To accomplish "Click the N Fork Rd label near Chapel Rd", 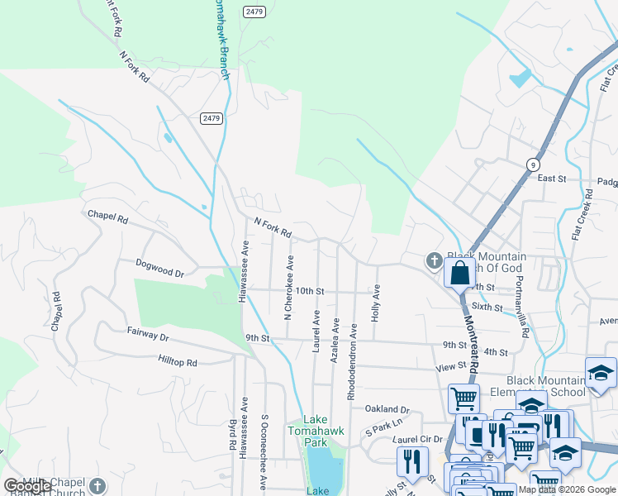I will tap(273, 228).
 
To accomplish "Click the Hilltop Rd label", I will tap(178, 362).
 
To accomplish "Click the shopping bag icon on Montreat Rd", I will tap(459, 272).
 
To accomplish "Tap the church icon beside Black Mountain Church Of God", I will tap(434, 261).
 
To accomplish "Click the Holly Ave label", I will tap(376, 303).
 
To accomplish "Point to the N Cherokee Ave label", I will tap(288, 287).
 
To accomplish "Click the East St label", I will tap(551, 178).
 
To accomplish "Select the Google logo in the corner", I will tap(27, 486).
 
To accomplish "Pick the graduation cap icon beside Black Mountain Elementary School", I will tap(601, 373).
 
